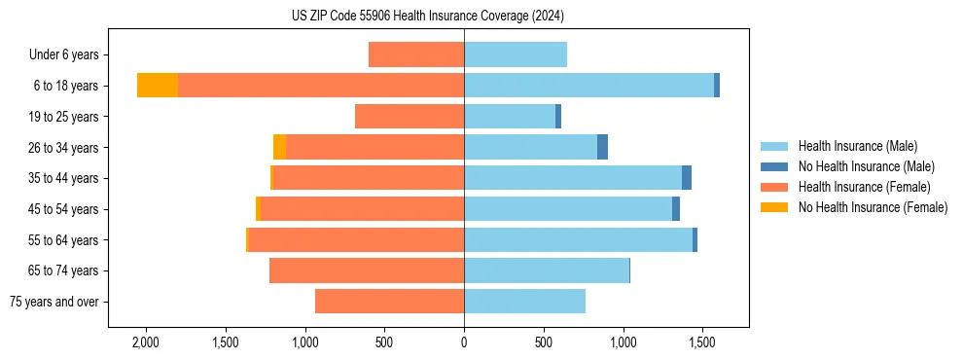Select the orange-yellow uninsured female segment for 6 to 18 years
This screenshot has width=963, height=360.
158,86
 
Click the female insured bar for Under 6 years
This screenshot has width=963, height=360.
416,54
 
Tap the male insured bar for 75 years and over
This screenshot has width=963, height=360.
524,302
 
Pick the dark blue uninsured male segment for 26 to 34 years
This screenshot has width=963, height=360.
602,147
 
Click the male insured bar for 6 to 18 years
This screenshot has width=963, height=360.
588,86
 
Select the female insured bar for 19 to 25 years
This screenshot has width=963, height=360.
410,117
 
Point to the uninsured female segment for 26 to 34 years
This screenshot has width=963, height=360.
280,147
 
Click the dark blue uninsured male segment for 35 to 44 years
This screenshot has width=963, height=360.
687,178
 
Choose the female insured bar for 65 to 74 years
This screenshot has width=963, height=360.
367,270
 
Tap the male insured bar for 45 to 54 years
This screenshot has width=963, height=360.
568,209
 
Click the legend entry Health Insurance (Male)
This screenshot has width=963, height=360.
857,146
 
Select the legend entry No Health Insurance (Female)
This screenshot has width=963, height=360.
873,207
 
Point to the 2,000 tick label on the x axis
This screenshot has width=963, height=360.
146,342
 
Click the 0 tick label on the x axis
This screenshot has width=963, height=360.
464,342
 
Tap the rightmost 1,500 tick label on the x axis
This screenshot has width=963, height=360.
703,342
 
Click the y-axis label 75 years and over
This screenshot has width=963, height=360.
54,302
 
